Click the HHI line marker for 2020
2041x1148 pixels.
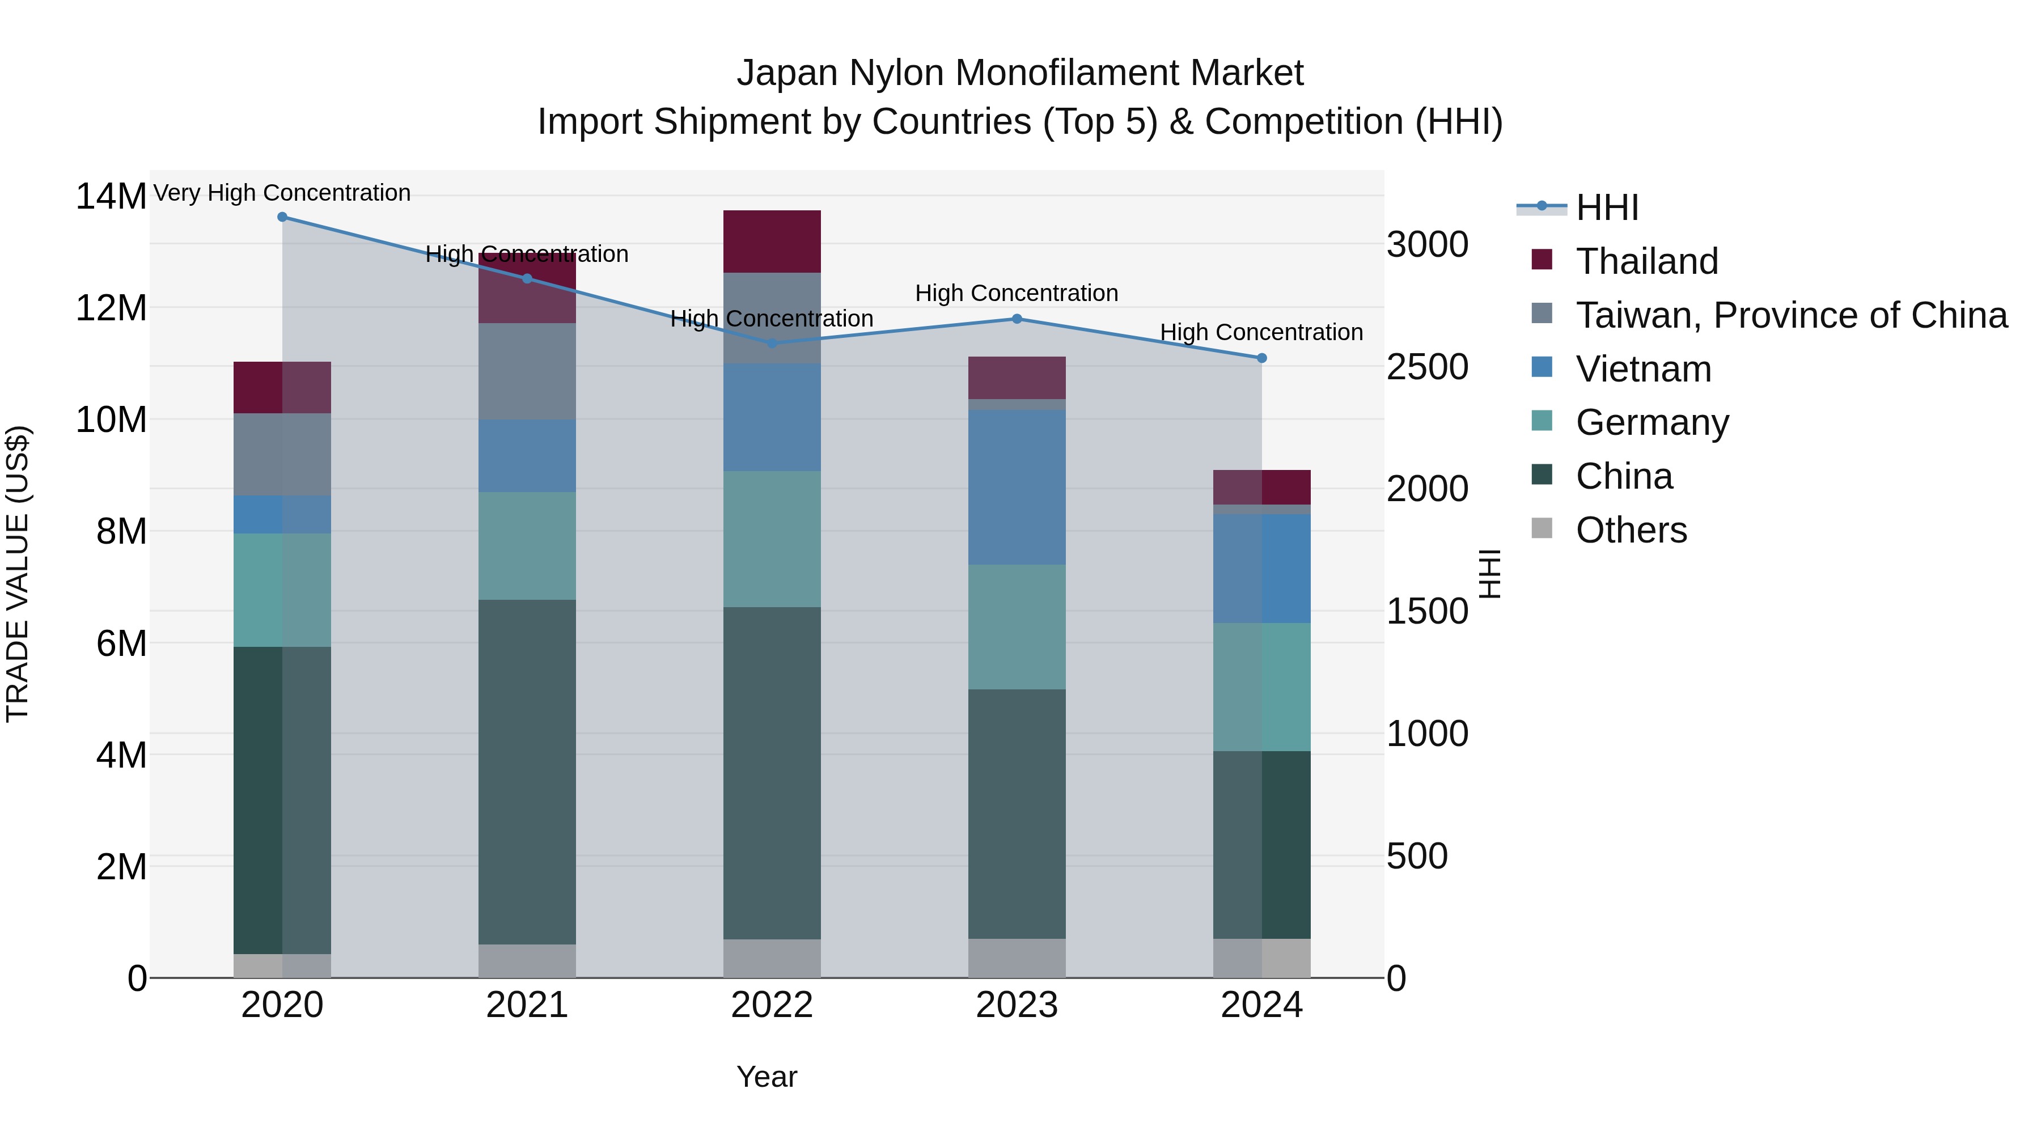tap(282, 217)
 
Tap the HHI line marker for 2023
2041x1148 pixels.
tap(1017, 319)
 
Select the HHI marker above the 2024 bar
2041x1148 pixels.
tap(1261, 358)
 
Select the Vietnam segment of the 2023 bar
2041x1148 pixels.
tap(1017, 486)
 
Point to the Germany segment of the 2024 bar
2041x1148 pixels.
tap(1261, 687)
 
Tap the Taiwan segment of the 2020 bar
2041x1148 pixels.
tap(282, 454)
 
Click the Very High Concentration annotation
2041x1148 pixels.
tap(282, 193)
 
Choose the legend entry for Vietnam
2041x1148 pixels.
tap(1642, 369)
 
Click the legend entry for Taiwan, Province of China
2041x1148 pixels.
tap(1790, 315)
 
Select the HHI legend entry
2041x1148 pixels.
tap(1606, 207)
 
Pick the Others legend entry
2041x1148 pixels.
tap(1631, 530)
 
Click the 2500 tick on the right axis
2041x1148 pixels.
tap(1427, 367)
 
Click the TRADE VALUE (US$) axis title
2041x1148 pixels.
tap(18, 574)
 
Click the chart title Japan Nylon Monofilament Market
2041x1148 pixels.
tap(1020, 73)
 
